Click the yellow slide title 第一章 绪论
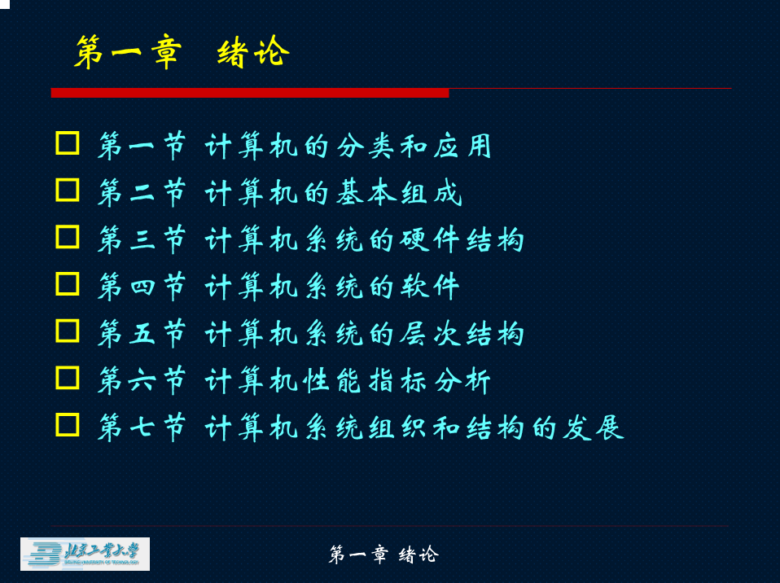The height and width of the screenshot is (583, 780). point(182,52)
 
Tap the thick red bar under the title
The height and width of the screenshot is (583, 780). point(250,93)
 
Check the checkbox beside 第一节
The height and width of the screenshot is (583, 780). point(67,143)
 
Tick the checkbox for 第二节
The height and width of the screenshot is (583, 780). point(67,190)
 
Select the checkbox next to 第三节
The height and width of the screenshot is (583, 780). point(67,237)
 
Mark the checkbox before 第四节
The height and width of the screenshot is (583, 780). point(67,284)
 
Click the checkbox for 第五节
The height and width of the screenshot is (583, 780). point(67,331)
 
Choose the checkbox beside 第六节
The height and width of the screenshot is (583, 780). point(67,378)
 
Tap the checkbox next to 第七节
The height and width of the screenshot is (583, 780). point(67,425)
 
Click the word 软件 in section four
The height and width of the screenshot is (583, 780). point(430,287)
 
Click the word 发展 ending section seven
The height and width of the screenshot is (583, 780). point(594,427)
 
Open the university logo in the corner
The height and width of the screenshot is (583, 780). point(85,555)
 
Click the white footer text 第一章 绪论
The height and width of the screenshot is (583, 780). point(383,555)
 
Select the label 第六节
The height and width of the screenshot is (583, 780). point(142,380)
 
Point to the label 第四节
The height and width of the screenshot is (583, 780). point(142,287)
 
